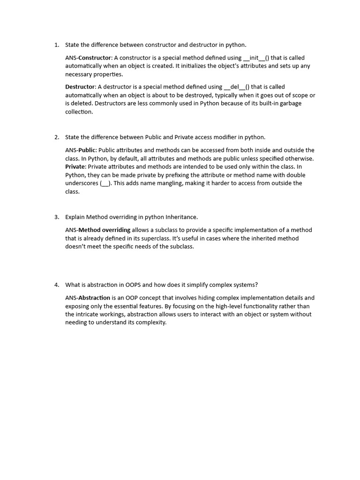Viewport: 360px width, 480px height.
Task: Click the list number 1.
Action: (x=56, y=45)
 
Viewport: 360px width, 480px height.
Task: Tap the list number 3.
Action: (x=56, y=217)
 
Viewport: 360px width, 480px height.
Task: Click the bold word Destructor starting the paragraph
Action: (x=80, y=87)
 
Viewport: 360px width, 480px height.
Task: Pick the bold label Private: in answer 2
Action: (x=75, y=167)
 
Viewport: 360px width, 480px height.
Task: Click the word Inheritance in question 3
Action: (x=180, y=217)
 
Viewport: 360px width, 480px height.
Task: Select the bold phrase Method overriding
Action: (x=105, y=230)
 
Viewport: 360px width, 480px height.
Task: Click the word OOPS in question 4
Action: (x=134, y=285)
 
